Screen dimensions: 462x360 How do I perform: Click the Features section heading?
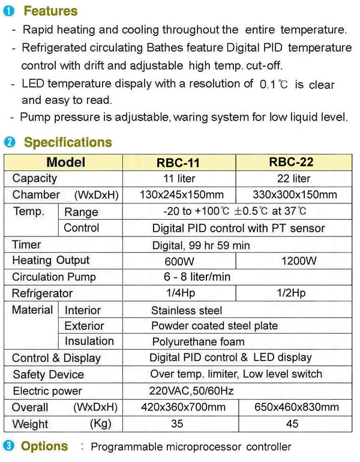coord(50,11)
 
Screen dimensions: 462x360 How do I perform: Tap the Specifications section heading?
coord(67,142)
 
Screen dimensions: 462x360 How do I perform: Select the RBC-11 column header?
coord(178,163)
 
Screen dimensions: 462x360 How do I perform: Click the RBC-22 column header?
coord(293,162)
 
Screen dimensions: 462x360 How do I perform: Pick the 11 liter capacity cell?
coord(179,178)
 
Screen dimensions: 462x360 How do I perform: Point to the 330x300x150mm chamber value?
coord(293,194)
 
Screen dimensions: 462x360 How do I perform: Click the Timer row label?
coord(27,244)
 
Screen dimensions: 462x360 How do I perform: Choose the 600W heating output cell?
coord(179,261)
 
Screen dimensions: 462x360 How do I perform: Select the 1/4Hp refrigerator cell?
coord(178,293)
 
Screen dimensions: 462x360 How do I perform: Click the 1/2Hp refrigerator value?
coord(292,293)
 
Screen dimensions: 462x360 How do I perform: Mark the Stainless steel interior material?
coord(187,310)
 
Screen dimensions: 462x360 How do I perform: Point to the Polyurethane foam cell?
coord(198,341)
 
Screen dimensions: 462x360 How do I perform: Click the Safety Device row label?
coord(48,374)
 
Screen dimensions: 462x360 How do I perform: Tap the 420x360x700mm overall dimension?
coord(179,407)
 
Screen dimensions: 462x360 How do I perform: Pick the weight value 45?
coord(293,424)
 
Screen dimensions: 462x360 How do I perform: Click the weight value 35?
coord(179,424)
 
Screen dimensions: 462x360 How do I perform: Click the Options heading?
coord(44,446)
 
